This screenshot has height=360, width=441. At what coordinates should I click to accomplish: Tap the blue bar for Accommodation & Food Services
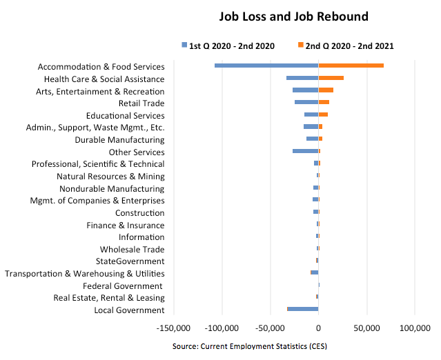[x=266, y=66]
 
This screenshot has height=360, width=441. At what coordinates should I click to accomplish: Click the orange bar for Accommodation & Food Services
[x=351, y=66]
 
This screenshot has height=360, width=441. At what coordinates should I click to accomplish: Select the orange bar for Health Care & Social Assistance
[x=331, y=78]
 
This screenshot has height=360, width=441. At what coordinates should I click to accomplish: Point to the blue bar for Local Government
[x=303, y=309]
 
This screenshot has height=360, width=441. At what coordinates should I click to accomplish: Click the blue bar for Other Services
[x=305, y=151]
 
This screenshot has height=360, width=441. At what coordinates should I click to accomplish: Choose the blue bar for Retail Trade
[x=306, y=102]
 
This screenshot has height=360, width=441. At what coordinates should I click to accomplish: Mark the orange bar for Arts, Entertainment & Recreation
[x=326, y=90]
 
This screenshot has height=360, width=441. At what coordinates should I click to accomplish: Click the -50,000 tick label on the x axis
[x=270, y=328]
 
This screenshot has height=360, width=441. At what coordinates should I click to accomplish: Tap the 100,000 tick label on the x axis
[x=415, y=328]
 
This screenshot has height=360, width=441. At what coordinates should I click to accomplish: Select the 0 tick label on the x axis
[x=318, y=328]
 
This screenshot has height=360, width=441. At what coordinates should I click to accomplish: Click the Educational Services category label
[x=125, y=115]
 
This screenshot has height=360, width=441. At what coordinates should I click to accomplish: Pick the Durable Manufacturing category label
[x=119, y=139]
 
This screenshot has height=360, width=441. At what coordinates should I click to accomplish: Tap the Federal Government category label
[x=124, y=286]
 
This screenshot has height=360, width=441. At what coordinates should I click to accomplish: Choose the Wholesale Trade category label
[x=132, y=249]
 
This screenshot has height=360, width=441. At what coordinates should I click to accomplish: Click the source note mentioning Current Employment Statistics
[x=249, y=345]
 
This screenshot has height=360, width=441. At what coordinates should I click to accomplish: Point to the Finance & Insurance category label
[x=125, y=225]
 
